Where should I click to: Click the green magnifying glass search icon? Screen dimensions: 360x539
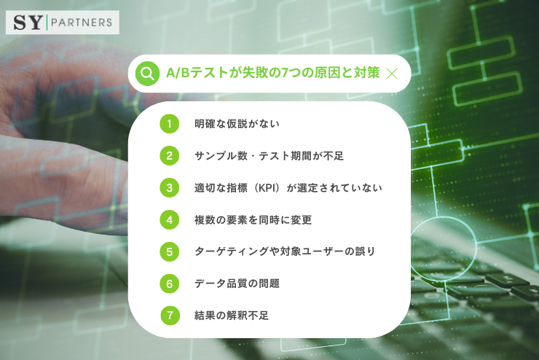(x=148, y=73)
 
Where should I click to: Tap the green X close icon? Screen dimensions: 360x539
(x=392, y=73)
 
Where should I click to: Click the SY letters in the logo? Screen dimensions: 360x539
(x=26, y=22)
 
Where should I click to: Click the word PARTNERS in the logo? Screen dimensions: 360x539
(x=82, y=22)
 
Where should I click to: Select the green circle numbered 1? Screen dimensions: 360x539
(x=169, y=124)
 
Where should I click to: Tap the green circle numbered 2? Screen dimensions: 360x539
(x=169, y=155)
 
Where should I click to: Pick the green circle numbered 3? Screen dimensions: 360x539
(x=169, y=187)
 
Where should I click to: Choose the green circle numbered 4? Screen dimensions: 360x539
(x=169, y=219)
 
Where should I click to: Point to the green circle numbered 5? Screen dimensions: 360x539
(x=169, y=251)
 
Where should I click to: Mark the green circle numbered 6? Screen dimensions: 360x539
(x=169, y=283)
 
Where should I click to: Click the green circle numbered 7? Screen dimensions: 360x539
(x=170, y=316)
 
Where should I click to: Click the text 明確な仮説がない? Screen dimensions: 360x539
(x=237, y=124)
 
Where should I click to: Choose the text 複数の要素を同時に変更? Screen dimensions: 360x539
(x=253, y=219)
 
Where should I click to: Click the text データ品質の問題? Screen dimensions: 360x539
(x=237, y=283)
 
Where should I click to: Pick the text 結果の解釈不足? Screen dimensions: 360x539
(x=232, y=316)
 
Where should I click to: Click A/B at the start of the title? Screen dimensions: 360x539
(x=176, y=73)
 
